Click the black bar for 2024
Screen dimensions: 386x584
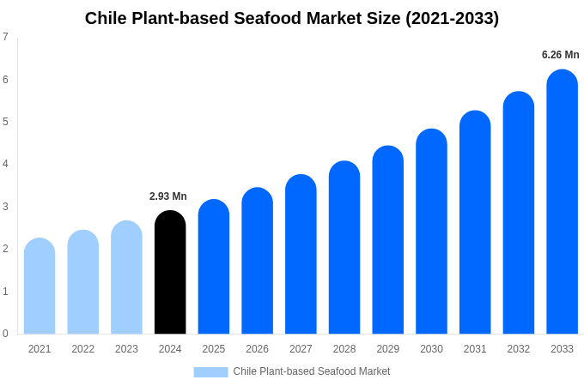pyautogui.click(x=170, y=272)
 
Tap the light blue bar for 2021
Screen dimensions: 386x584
pyautogui.click(x=40, y=286)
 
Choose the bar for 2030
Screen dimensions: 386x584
pyautogui.click(x=431, y=232)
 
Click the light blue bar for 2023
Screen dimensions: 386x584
pyautogui.click(x=126, y=277)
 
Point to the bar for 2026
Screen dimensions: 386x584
pyautogui.click(x=257, y=261)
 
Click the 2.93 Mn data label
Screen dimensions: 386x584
pyautogui.click(x=168, y=196)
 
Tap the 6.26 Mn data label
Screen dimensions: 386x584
pyautogui.click(x=560, y=55)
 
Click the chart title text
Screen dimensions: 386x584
pyautogui.click(x=292, y=18)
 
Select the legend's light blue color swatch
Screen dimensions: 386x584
pyautogui.click(x=210, y=372)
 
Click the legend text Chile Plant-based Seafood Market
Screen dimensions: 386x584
pyautogui.click(x=311, y=371)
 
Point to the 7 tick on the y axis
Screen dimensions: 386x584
pyautogui.click(x=5, y=37)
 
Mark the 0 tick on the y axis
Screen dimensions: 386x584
pyautogui.click(x=5, y=334)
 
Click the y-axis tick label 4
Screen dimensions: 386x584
pyautogui.click(x=5, y=164)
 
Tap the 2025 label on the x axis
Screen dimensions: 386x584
pyautogui.click(x=214, y=349)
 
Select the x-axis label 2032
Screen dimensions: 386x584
pyautogui.click(x=518, y=349)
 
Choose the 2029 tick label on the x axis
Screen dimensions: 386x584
pyautogui.click(x=387, y=349)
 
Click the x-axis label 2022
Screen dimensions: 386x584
pyautogui.click(x=83, y=349)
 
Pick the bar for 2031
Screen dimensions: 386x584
pyautogui.click(x=475, y=222)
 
